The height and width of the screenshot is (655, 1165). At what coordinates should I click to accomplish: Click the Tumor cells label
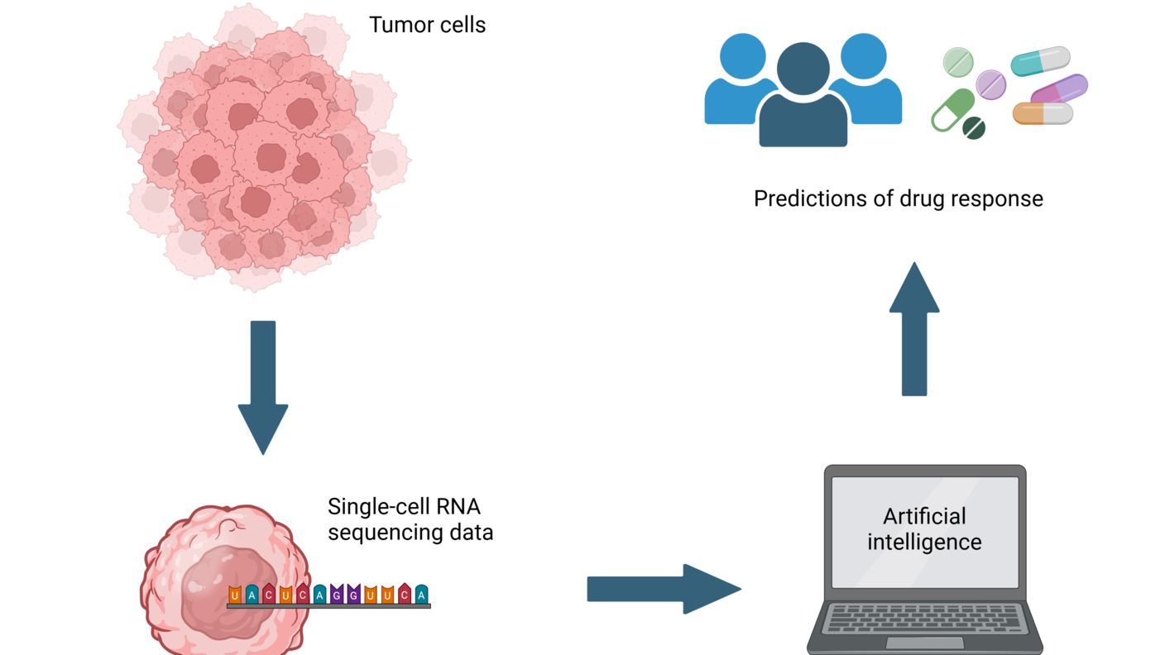(x=427, y=25)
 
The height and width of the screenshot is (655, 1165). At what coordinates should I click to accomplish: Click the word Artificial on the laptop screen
(x=924, y=516)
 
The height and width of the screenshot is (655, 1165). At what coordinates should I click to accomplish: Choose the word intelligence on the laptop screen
(x=924, y=543)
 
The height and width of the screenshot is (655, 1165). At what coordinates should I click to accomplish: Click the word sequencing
(x=376, y=532)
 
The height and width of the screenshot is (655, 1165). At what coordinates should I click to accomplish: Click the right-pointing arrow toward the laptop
(x=663, y=589)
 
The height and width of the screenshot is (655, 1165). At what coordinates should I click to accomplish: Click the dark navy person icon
(x=803, y=99)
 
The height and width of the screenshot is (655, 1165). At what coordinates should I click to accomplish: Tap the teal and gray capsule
(x=1040, y=61)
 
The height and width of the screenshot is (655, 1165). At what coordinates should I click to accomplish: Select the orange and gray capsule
(x=1043, y=113)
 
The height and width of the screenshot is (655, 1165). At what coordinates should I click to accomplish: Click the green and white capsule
(x=952, y=110)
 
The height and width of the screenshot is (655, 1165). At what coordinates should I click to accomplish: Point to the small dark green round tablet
(x=974, y=128)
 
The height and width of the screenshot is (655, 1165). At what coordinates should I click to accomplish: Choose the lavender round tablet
(x=990, y=84)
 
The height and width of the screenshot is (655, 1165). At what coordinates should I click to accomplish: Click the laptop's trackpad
(x=924, y=643)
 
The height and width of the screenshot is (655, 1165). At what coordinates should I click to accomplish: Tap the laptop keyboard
(x=924, y=618)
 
